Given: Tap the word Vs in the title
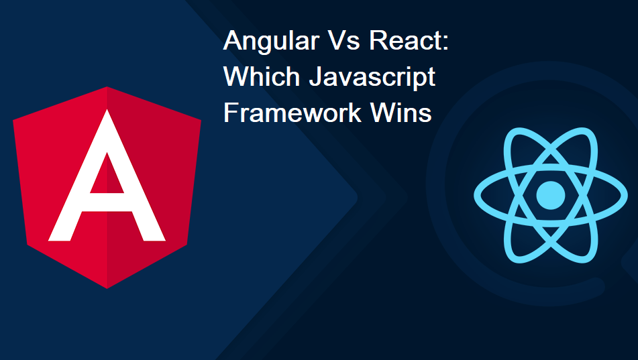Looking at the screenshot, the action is [x=345, y=40].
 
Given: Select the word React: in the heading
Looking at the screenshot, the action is [x=409, y=40].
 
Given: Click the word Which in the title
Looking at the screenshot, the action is [x=262, y=76].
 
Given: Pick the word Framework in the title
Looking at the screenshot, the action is [x=292, y=112].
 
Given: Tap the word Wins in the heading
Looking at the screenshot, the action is [x=401, y=112].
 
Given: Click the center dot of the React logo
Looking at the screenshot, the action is [x=551, y=195].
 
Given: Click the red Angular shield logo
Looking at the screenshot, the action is [x=107, y=188].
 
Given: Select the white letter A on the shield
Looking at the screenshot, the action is [x=107, y=176].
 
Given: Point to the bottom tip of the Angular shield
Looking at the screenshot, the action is [x=107, y=288].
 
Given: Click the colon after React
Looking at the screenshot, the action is [x=445, y=43].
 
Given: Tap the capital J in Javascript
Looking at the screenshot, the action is [x=316, y=76].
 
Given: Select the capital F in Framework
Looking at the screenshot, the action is [x=230, y=112].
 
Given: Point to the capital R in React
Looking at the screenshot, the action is [x=378, y=40].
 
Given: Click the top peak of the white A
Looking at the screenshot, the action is [x=107, y=110].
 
